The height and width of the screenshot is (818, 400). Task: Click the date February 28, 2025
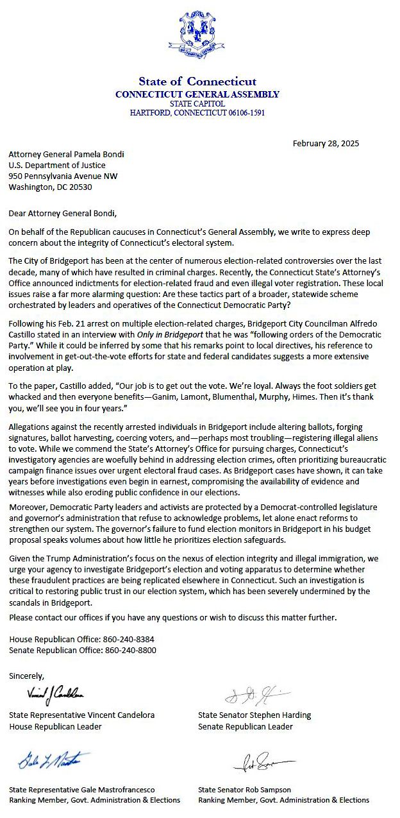coord(326,143)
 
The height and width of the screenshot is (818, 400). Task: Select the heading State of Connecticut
coord(197,81)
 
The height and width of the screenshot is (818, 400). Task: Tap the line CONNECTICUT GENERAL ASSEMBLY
coord(197,94)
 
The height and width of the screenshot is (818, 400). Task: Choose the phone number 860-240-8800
coord(131,650)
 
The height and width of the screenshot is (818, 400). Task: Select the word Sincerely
coord(27,676)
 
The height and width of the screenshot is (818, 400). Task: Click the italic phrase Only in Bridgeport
coord(167,335)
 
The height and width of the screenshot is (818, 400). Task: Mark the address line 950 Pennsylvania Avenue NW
coord(63,176)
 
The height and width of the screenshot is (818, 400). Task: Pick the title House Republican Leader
coord(55,727)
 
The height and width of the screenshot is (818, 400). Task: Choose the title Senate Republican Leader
coord(246,727)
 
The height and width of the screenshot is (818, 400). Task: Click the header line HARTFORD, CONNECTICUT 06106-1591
coord(197,112)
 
